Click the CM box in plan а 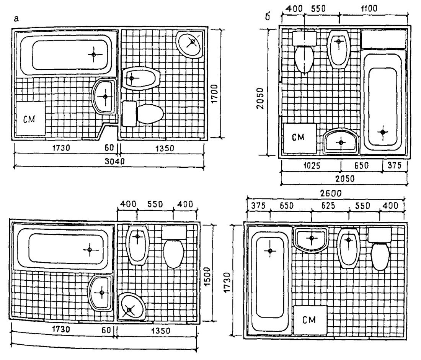click(30, 118)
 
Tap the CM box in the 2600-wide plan click(310, 320)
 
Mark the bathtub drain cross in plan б click(383, 131)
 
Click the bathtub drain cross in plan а click(93, 55)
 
